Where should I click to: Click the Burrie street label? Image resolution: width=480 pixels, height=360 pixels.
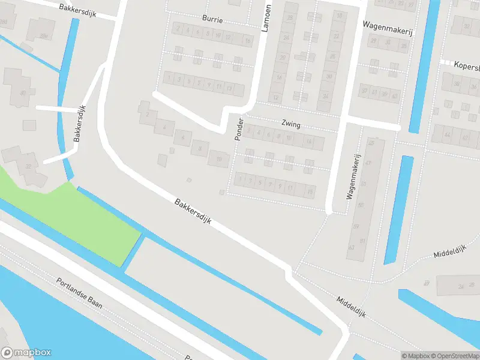212,20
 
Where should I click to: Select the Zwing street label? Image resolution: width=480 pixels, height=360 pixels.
290,125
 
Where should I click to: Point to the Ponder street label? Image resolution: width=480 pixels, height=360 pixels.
239,128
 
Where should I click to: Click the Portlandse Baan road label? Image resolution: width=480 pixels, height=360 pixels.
79,293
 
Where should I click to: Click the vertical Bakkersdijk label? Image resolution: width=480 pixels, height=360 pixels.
77,125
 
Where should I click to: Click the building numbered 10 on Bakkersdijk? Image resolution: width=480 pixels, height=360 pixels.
219,158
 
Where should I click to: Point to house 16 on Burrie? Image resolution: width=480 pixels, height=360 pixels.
248,41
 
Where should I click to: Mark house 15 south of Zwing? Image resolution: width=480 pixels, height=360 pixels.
310,191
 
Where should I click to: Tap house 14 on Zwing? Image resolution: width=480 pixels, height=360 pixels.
309,142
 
